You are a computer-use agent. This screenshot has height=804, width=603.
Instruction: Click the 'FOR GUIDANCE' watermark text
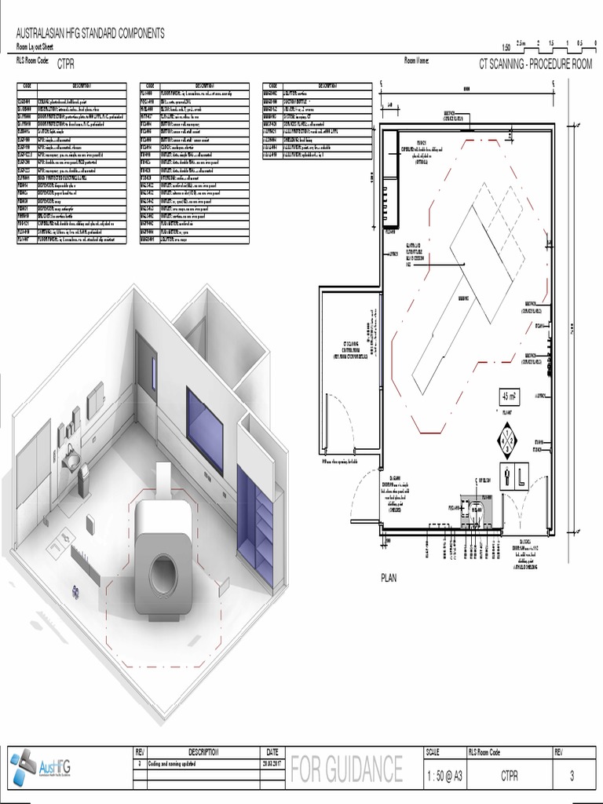tap(346, 769)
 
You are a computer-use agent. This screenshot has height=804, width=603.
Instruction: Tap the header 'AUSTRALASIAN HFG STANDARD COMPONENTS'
tap(90, 34)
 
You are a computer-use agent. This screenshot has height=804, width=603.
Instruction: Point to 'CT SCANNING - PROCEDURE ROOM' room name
tap(535, 64)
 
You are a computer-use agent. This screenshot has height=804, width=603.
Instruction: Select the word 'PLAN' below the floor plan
tap(389, 577)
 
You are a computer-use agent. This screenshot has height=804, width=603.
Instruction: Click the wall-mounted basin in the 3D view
tap(71, 459)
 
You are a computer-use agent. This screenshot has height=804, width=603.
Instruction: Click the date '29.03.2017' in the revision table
tap(272, 762)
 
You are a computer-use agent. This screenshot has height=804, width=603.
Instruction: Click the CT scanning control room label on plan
tap(350, 349)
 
